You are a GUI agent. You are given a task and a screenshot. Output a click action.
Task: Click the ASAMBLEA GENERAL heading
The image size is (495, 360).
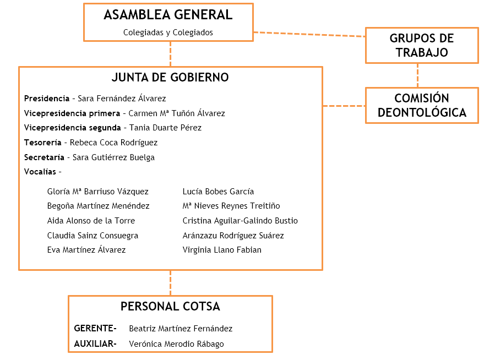(168, 15)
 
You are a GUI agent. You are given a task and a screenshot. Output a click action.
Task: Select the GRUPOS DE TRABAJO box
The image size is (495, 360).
(421, 46)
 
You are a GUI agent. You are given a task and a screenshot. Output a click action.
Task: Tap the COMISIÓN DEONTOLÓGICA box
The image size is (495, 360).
(421, 105)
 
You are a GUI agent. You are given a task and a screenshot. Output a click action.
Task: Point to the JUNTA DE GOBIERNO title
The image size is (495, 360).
(170, 78)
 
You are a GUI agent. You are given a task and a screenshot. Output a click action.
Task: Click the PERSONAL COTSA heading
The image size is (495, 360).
(170, 307)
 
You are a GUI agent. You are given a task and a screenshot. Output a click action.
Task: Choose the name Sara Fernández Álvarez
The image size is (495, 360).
(122, 99)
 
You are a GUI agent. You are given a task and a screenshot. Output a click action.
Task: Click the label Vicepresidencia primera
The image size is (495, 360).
(72, 113)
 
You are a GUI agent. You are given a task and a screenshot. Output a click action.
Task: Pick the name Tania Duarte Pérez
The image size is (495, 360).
(165, 128)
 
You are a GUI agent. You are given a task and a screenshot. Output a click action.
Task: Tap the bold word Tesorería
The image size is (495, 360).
(43, 143)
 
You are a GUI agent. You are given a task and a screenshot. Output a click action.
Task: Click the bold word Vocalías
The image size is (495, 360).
(40, 172)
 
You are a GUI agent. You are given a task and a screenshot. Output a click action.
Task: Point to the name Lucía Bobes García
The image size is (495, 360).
(218, 192)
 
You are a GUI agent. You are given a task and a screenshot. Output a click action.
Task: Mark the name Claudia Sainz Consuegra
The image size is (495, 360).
(93, 236)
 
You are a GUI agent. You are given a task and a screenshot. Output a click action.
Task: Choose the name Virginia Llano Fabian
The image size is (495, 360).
(222, 250)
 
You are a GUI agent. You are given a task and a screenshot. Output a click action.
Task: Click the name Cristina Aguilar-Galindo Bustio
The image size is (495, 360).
(240, 221)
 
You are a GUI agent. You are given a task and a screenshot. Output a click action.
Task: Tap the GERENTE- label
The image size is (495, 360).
(95, 329)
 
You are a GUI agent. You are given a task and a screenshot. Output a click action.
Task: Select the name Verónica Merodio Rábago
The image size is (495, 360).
(176, 344)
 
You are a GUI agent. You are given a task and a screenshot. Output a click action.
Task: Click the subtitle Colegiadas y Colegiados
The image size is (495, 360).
(168, 32)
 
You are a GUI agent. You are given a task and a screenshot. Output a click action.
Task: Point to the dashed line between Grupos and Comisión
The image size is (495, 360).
(417, 75)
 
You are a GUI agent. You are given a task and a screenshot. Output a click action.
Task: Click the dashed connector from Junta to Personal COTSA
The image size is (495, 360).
(170, 282)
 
